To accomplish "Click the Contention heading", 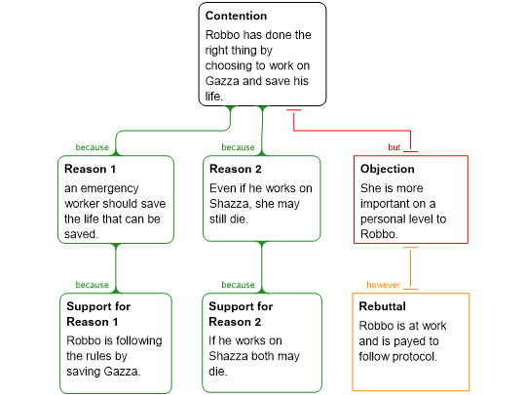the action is click(x=236, y=16).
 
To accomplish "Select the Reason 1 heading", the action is click(x=90, y=169).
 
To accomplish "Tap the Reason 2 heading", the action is click(x=235, y=169).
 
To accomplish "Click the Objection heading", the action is click(x=387, y=169).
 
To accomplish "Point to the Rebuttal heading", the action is click(x=382, y=306).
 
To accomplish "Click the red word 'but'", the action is click(x=394, y=147).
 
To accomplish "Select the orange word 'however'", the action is click(x=384, y=285).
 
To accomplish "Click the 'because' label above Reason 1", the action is click(x=93, y=147).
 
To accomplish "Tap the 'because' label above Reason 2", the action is click(x=238, y=147).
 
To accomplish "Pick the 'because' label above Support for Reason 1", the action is click(x=93, y=285).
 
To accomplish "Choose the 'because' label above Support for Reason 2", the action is click(x=238, y=285).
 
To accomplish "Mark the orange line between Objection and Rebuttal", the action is click(x=411, y=268).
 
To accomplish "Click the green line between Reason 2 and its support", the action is click(x=262, y=267).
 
